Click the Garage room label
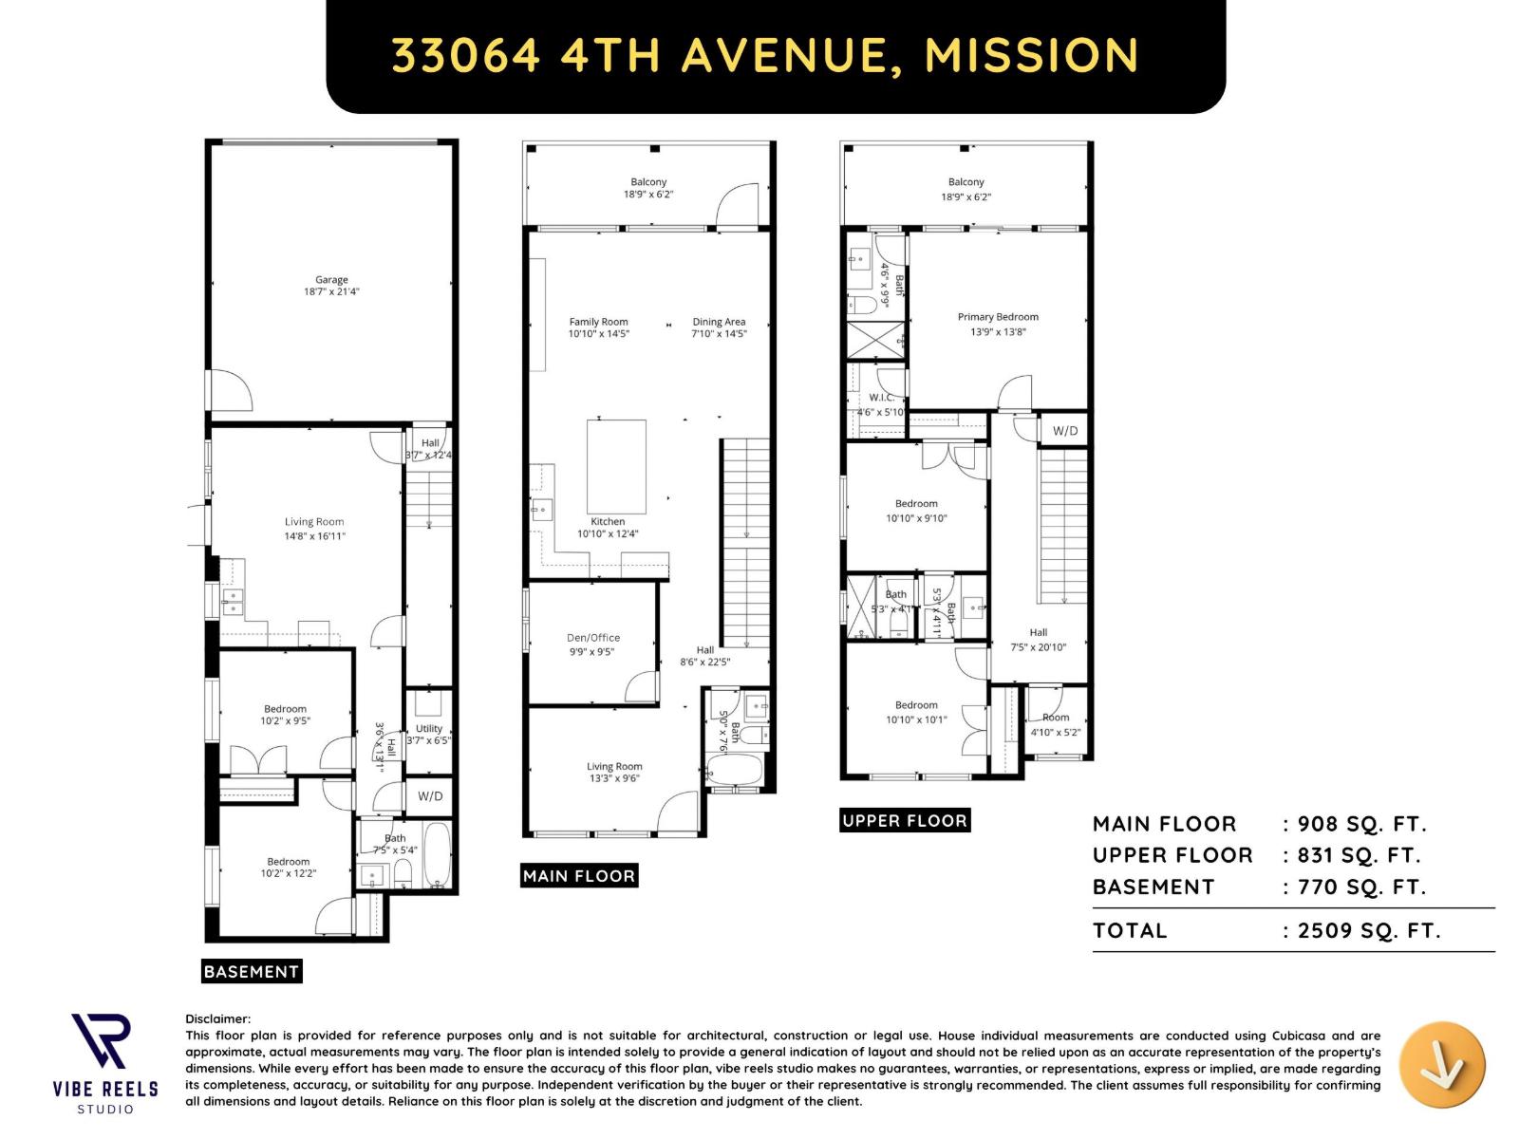click(331, 280)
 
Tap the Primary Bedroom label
click(998, 317)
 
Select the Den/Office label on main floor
click(593, 638)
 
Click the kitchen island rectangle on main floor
click(616, 467)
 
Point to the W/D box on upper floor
click(1065, 431)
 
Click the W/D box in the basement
click(430, 796)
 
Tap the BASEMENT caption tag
click(252, 971)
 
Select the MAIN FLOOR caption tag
click(579, 876)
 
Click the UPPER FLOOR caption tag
click(905, 821)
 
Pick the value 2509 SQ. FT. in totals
click(1368, 930)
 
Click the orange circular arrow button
click(1442, 1065)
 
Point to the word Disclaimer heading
click(218, 1018)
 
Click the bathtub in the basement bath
click(438, 856)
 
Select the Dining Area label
click(719, 322)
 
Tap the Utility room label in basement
click(428, 729)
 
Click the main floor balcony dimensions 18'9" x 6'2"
click(648, 195)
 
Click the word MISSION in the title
click(1031, 55)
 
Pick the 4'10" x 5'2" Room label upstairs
click(1055, 724)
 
